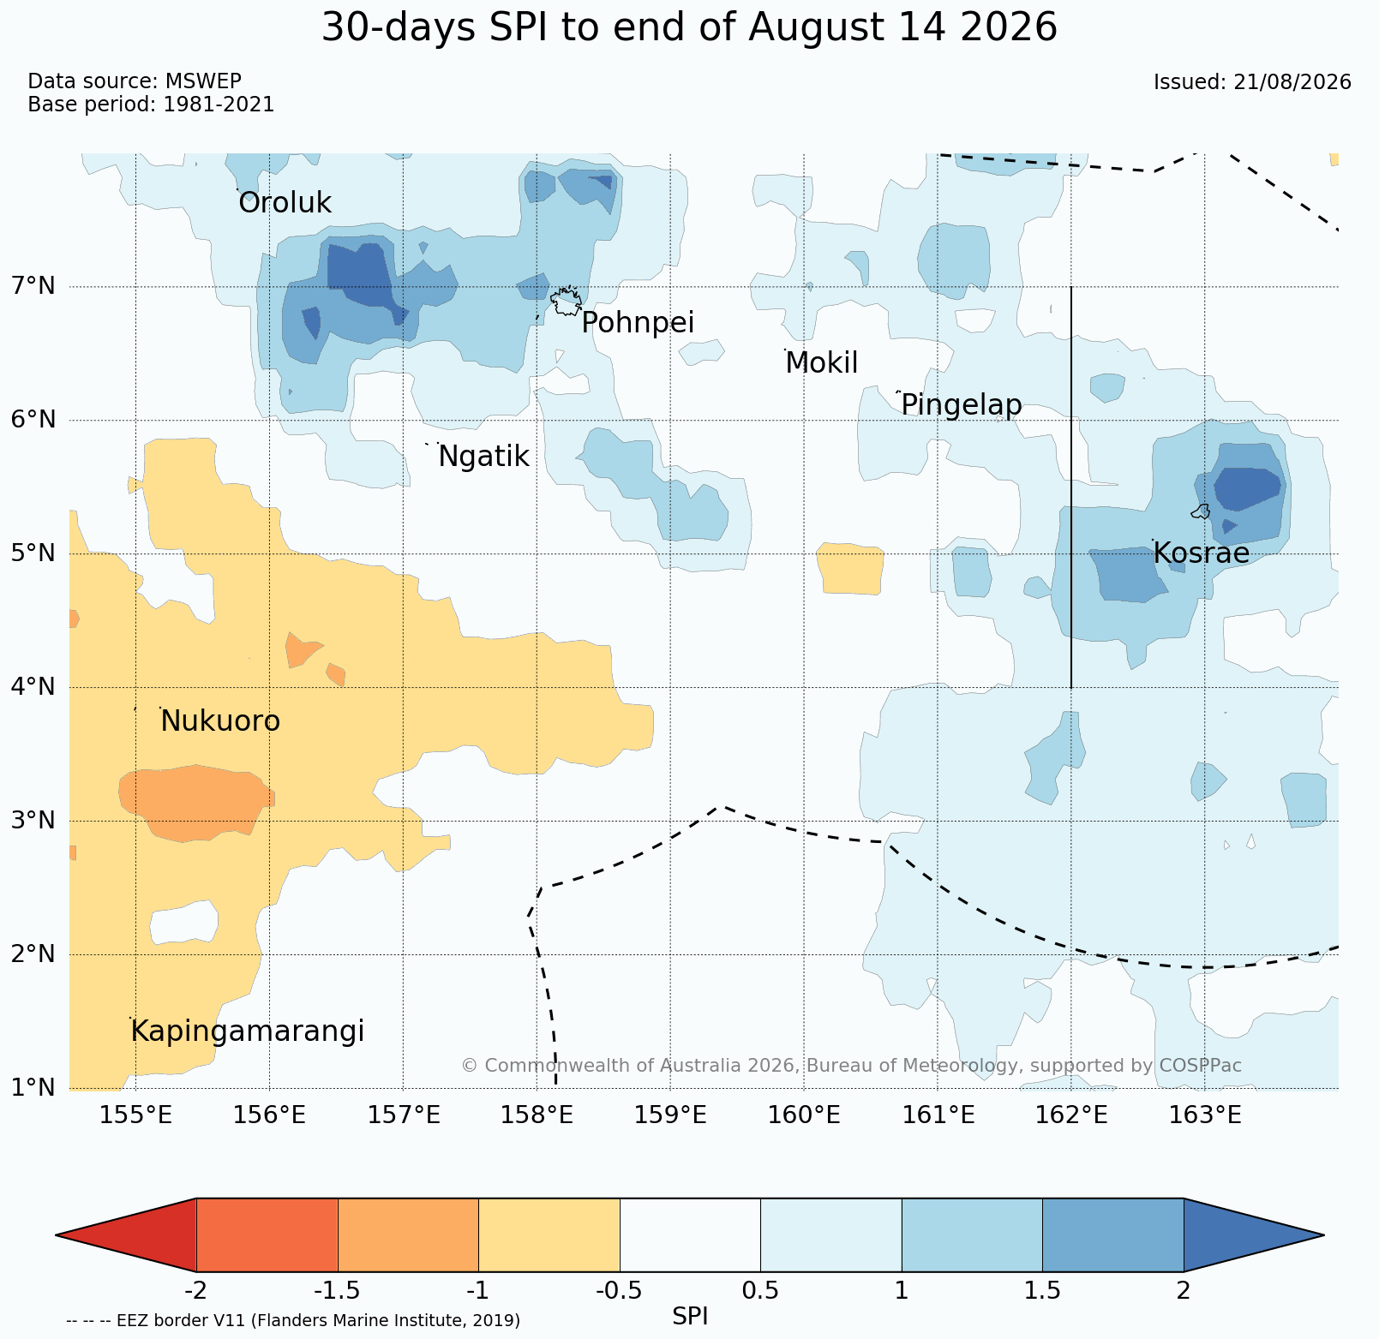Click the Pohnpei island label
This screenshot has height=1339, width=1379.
pos(638,323)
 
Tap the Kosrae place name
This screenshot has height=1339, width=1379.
pos(1201,553)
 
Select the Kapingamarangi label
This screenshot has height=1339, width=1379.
pos(247,1031)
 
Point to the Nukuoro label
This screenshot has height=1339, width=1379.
pos(220,721)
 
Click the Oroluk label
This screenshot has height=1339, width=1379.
pos(285,203)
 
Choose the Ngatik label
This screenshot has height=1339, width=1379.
pos(483,457)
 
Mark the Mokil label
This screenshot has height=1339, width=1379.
pos(821,363)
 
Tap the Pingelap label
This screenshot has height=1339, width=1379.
pos(962,404)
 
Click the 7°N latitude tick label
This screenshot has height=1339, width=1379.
pos(33,285)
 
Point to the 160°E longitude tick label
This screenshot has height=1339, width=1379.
pos(804,1115)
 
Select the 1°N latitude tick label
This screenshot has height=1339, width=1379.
pos(33,1087)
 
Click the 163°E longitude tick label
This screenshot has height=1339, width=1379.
pos(1205,1115)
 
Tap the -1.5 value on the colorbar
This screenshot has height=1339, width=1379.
pos(338,1290)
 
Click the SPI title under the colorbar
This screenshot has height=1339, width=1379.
pos(690,1317)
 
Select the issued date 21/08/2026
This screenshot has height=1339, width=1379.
pos(1292,82)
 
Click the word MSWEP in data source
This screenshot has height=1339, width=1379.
pos(203,81)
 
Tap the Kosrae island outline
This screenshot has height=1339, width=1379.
pos(1201,511)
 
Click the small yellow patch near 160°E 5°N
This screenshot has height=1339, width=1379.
pos(850,568)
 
